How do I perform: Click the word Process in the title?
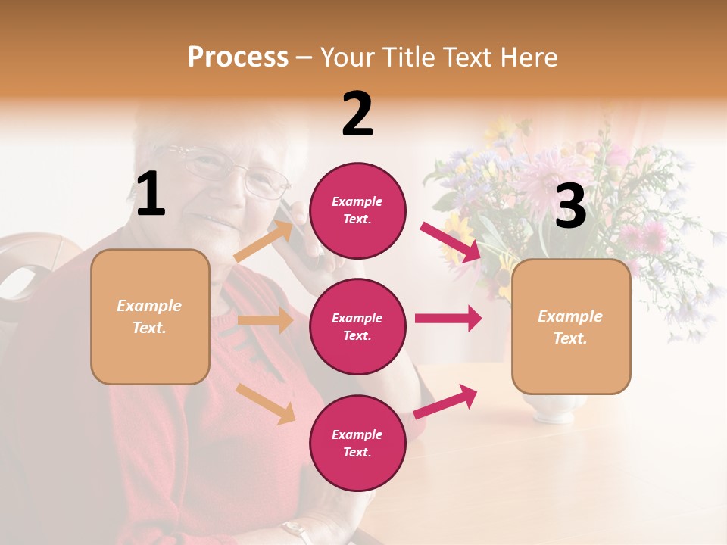click(238, 58)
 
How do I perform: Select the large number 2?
click(357, 114)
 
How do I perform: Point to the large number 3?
click(570, 207)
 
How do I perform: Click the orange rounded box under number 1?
click(150, 316)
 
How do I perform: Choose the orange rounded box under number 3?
click(571, 326)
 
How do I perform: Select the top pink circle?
click(357, 210)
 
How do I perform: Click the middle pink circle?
click(357, 326)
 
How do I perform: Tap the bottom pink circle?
click(357, 443)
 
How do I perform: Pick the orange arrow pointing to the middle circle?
click(266, 320)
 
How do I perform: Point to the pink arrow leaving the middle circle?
click(448, 318)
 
